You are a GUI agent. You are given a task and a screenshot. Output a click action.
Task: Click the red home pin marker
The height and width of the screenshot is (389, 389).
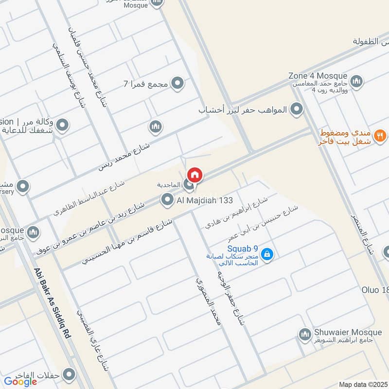[x=194, y=175]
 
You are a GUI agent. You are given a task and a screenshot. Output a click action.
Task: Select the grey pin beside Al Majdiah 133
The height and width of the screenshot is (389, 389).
[x=168, y=199]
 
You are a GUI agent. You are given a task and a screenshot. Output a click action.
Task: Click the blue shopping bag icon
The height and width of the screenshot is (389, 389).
[x=266, y=254]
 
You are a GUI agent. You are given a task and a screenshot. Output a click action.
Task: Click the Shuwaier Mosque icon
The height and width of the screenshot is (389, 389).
[x=305, y=335]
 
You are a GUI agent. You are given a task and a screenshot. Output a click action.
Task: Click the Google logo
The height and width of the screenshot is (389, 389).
[x=20, y=382]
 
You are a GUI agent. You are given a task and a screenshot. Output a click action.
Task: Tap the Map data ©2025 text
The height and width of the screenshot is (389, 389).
[x=362, y=384]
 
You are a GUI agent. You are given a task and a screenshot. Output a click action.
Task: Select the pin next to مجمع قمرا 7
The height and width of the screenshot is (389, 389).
[x=177, y=84]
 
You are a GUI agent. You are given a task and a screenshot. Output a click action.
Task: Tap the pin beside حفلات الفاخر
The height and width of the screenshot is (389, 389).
[x=70, y=374]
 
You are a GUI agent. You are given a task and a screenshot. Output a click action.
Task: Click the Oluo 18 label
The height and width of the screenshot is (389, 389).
[x=375, y=290]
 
